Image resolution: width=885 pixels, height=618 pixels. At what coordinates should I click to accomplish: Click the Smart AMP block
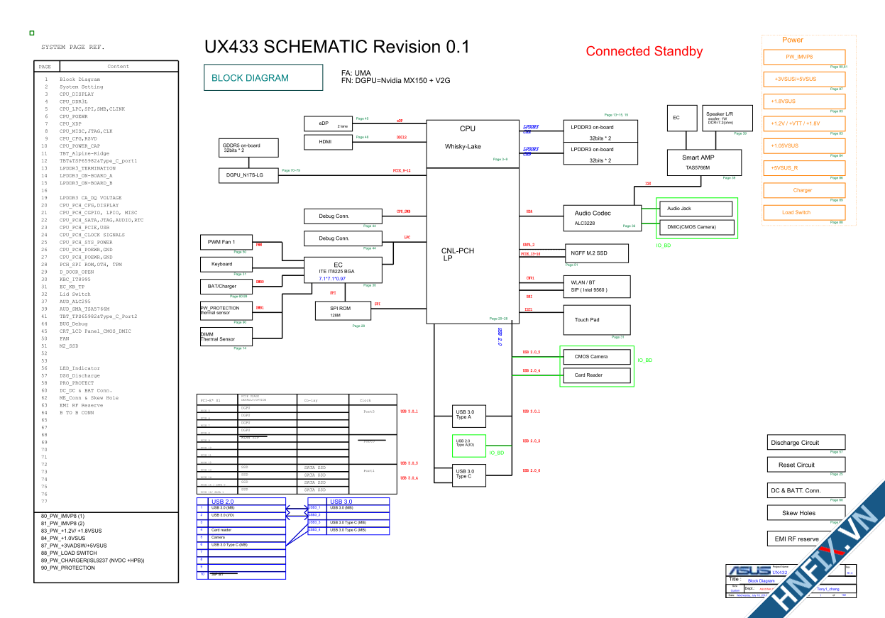[704, 162]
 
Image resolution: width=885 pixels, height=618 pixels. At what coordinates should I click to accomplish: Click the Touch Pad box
[597, 319]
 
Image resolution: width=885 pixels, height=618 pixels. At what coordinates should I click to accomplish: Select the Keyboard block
[223, 264]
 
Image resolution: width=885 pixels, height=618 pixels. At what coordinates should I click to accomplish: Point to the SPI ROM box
[343, 311]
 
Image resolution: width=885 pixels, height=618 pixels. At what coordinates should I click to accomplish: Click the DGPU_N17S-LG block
[249, 175]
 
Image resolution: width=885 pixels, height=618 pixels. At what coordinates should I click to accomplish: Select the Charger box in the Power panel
[804, 190]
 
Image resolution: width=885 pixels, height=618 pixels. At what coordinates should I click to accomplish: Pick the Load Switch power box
[804, 212]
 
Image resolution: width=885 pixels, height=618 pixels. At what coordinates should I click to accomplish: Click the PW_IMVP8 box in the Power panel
[804, 57]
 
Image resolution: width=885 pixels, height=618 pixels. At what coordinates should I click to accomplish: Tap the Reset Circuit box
[806, 465]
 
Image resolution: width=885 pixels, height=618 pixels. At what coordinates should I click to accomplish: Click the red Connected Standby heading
[644, 51]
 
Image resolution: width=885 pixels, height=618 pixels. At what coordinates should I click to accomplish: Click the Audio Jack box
[696, 209]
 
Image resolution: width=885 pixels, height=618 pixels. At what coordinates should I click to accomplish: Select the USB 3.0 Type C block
[473, 474]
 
